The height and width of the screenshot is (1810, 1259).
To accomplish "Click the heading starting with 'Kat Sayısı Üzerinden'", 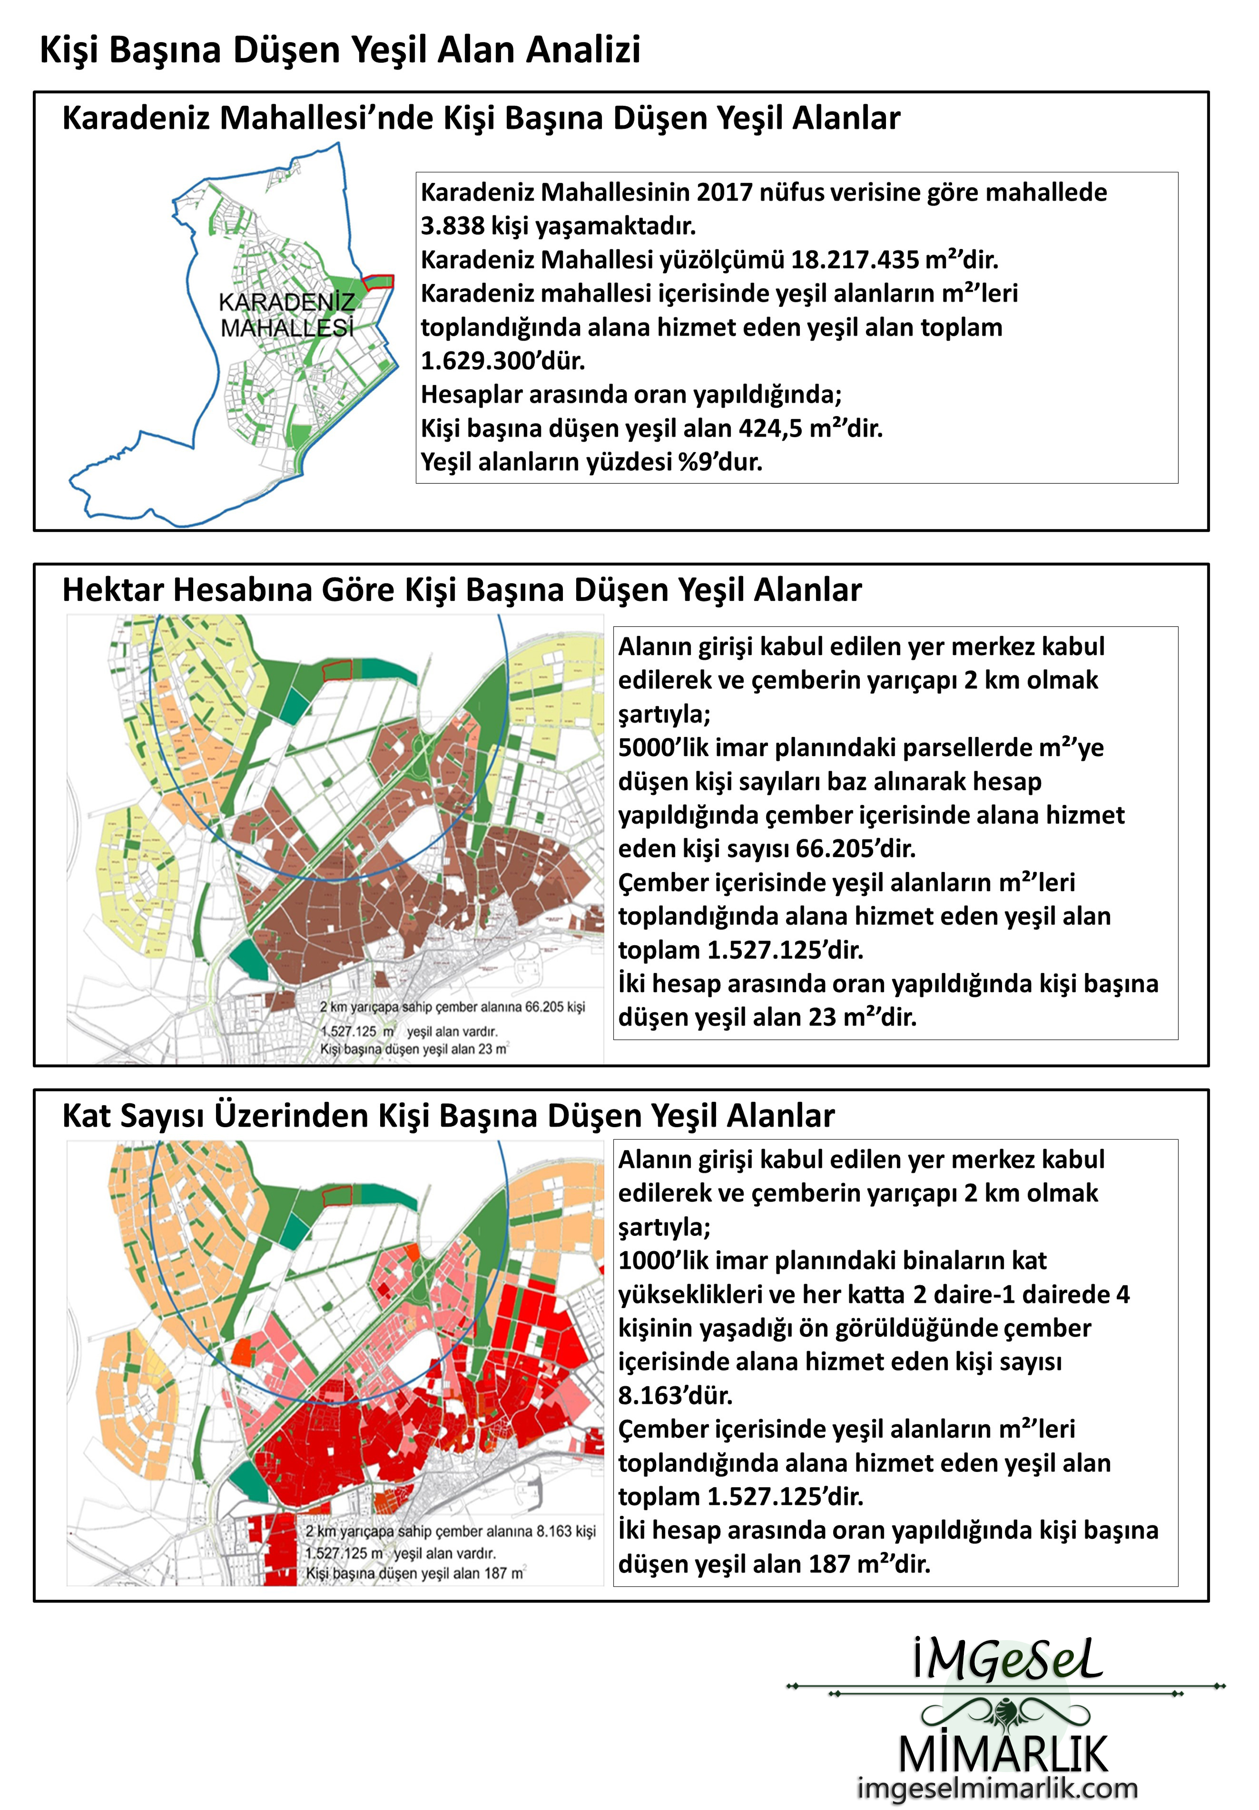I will tap(448, 1115).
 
